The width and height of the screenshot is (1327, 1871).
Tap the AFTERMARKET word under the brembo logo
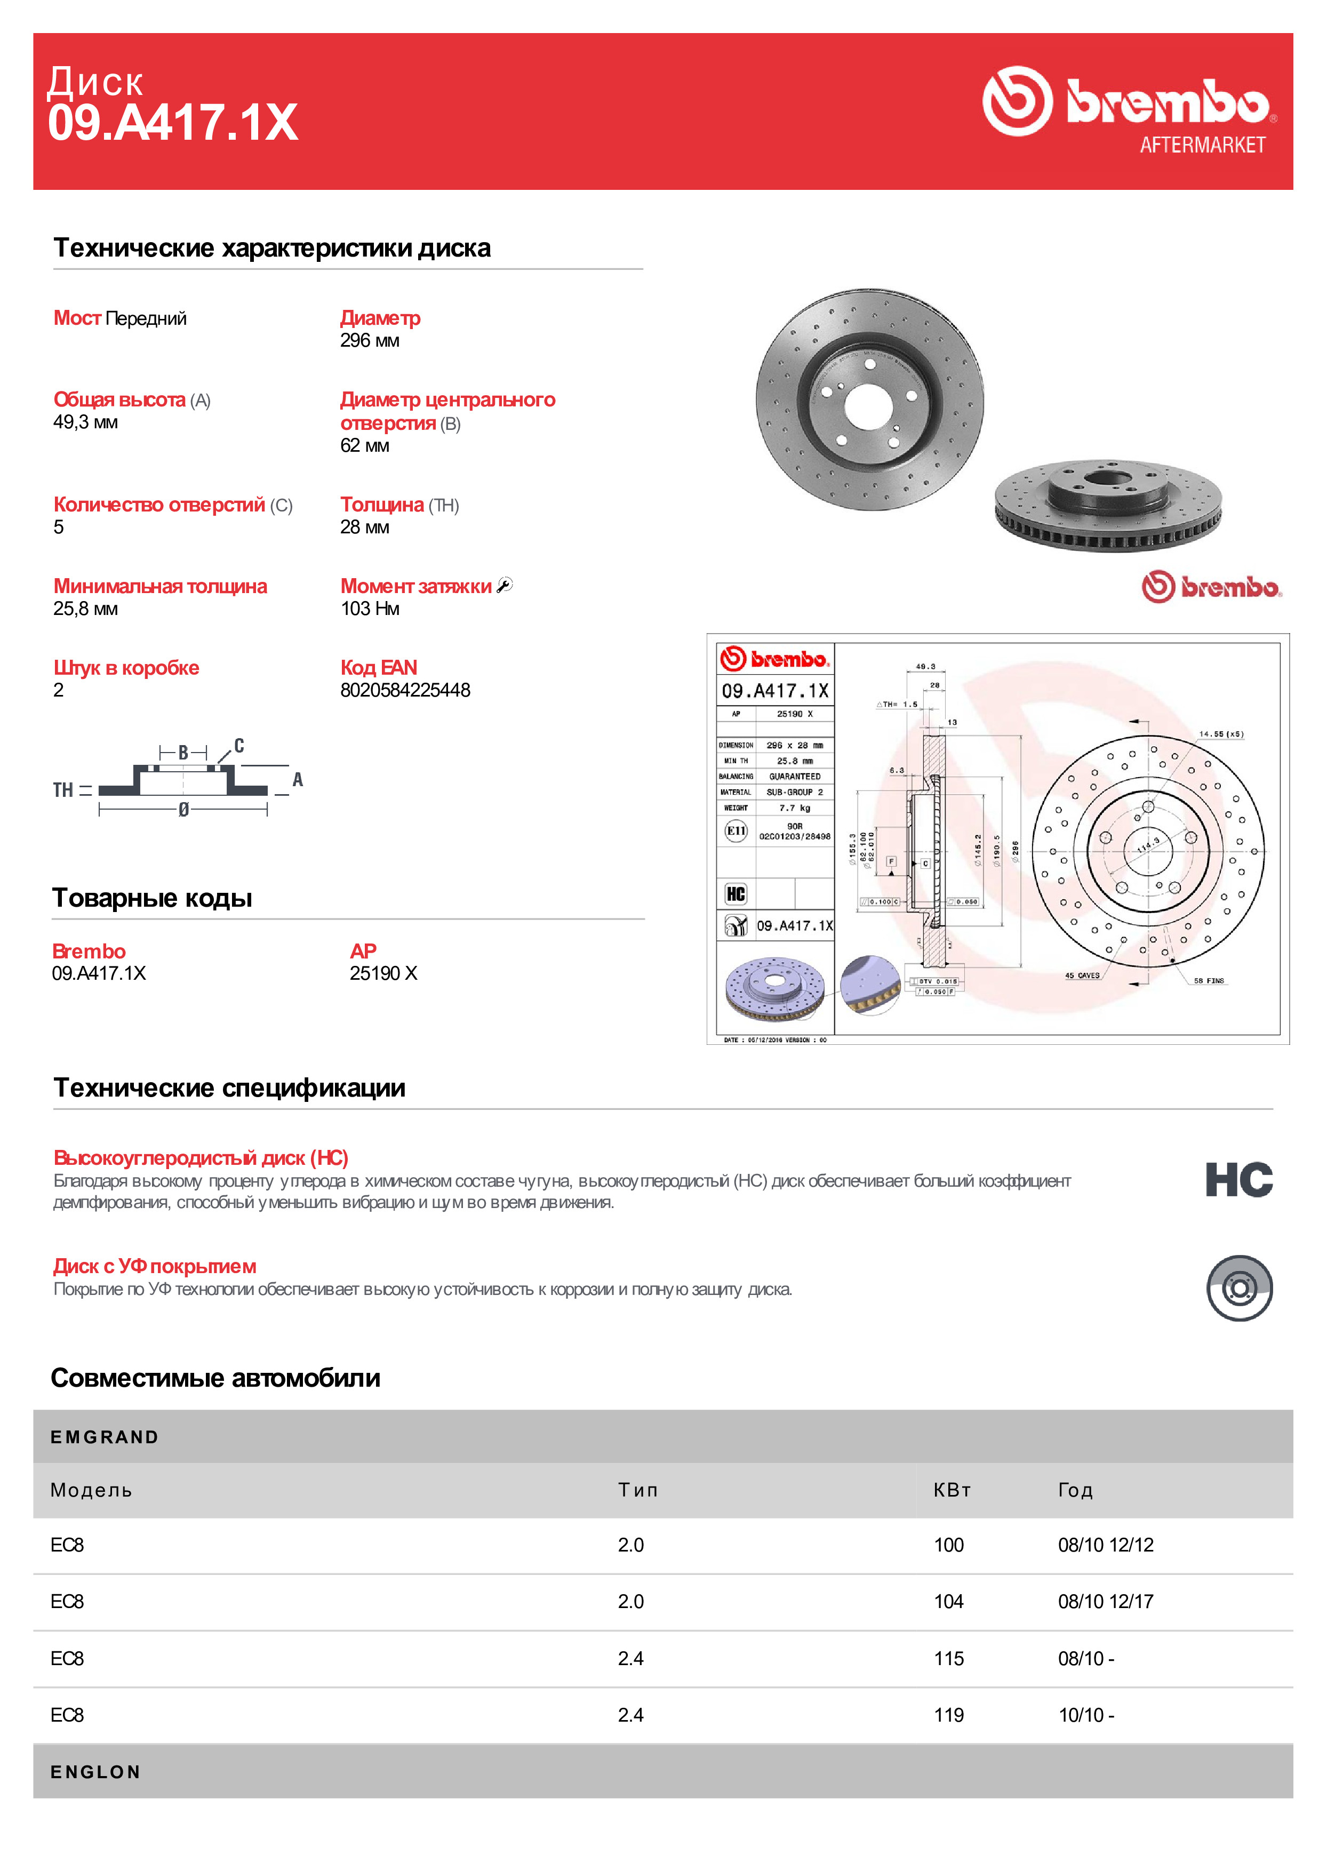coord(1202,145)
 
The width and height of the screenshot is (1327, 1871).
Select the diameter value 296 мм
coord(369,341)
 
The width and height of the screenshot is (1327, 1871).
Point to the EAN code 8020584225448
coord(405,690)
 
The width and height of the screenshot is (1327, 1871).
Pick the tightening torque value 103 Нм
coord(369,609)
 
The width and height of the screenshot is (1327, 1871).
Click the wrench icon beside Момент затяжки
coord(505,585)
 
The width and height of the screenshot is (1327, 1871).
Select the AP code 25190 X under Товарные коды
coord(383,973)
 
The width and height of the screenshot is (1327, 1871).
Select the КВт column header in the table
coord(952,1490)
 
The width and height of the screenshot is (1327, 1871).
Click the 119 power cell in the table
coord(949,1715)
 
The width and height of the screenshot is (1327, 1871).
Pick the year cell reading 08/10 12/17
coord(1106,1601)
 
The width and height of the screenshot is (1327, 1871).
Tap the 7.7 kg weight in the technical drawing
coord(794,808)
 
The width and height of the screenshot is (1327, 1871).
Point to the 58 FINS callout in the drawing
coord(1209,980)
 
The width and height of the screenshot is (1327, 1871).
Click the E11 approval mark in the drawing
coord(736,831)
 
